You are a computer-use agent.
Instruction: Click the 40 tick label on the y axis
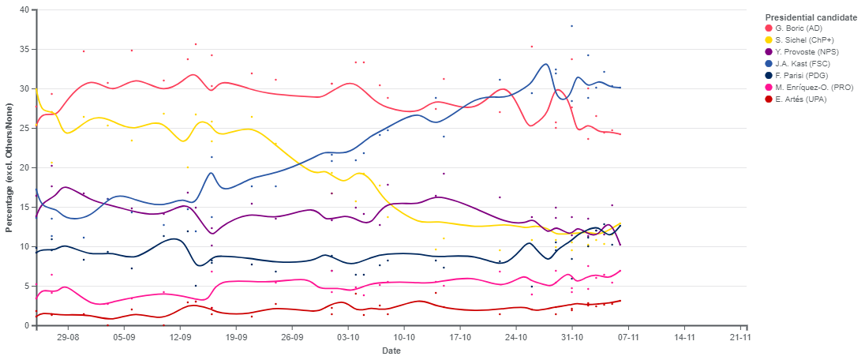[x=24, y=10]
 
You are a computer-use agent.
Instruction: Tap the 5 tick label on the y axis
[x=26, y=286]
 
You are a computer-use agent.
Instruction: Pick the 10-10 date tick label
[x=404, y=336]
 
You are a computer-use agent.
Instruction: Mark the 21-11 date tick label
[x=740, y=336]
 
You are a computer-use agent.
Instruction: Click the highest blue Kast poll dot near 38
[x=571, y=26]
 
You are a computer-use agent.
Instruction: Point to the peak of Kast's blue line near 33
[x=545, y=64]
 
